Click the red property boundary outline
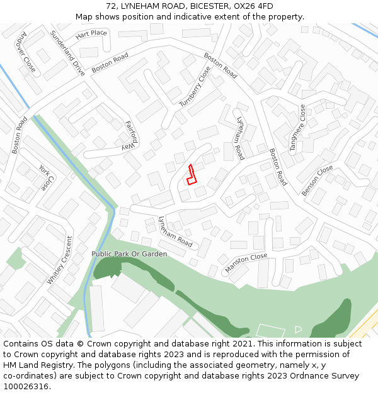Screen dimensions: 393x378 (x=192, y=175)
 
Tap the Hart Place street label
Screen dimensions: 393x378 (x=91, y=33)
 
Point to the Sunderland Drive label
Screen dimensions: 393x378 (x=67, y=53)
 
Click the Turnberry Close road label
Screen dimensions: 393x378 (x=195, y=87)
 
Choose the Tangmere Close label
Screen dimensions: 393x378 (x=296, y=128)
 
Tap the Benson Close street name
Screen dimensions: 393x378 (x=317, y=180)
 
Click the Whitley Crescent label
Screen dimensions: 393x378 (x=60, y=259)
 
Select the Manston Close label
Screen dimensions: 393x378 (x=246, y=263)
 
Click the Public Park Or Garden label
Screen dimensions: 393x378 (x=129, y=254)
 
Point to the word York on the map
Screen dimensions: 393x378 (x=43, y=170)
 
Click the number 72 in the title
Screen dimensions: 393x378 (x=111, y=6)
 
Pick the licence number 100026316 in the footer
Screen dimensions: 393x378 (x=26, y=387)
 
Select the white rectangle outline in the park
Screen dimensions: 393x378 (x=271, y=331)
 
